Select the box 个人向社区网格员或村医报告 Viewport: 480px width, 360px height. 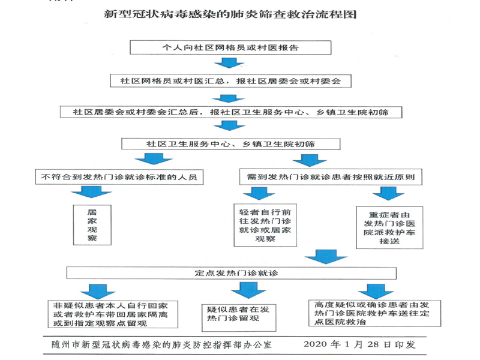(230, 47)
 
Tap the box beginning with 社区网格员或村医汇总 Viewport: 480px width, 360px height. (230, 80)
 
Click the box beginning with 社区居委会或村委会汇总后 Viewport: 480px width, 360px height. (230, 112)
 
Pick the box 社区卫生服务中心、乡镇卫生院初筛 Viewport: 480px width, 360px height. (230, 144)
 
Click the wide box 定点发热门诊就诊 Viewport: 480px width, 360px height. (230, 272)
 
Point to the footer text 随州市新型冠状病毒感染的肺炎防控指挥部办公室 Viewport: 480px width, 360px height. (162, 345)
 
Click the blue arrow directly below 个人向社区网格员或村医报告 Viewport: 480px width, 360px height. (228, 64)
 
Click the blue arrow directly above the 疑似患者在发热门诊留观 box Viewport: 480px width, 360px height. (243, 290)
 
